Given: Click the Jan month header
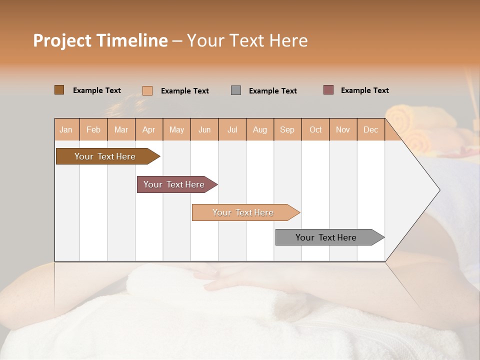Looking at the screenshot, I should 66,129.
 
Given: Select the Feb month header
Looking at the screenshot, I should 93,129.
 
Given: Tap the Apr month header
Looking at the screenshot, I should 149,129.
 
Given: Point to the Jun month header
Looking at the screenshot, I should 204,129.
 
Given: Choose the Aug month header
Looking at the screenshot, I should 260,129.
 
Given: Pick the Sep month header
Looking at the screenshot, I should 287,129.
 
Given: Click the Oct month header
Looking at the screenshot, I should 315,129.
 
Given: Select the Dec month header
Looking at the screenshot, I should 371,129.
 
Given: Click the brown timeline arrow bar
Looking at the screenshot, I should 105,156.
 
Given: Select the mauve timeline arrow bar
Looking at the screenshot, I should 174,184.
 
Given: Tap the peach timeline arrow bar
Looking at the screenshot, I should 243,212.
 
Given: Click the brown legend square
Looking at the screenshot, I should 59,90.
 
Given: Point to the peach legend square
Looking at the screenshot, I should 147,90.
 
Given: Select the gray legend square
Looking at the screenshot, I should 236,90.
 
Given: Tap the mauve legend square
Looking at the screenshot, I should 328,90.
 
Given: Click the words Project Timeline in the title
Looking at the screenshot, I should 100,40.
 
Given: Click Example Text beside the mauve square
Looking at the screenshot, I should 364,90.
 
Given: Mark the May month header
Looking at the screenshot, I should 176,129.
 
